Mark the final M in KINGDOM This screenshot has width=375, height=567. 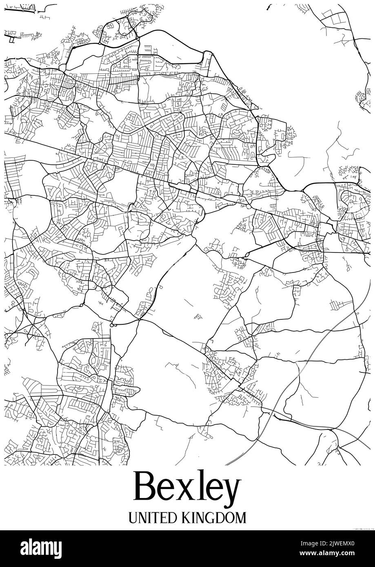pyautogui.click(x=241, y=518)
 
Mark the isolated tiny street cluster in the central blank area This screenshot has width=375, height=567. pyautogui.click(x=199, y=316)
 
